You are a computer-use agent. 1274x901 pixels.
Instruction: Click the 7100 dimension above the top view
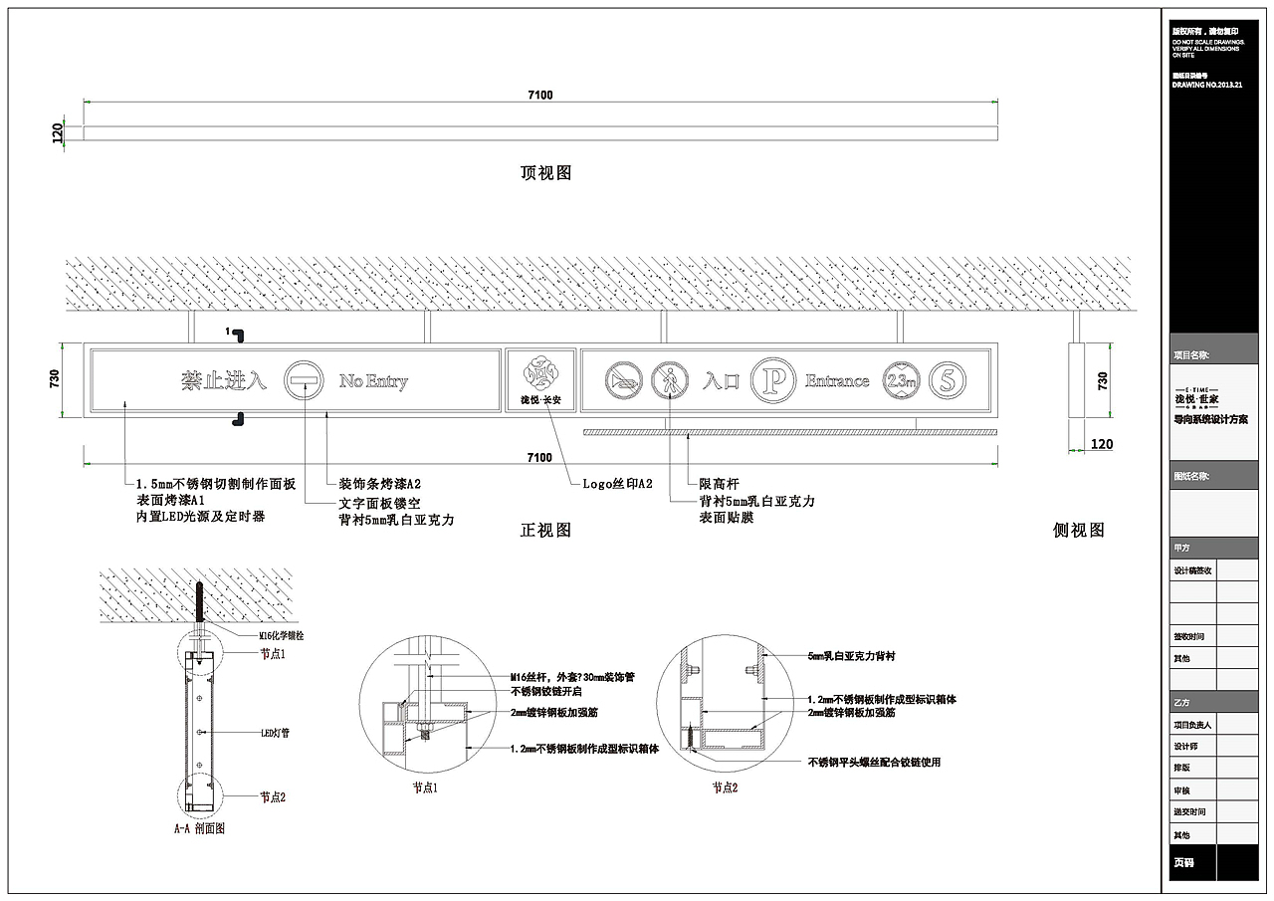pos(539,96)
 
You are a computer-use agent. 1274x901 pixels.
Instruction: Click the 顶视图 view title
pos(545,173)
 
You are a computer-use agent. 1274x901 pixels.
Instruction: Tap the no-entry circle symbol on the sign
pos(304,380)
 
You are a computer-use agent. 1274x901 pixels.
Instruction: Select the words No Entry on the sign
pos(373,381)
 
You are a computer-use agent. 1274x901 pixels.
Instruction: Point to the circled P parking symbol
pos(770,379)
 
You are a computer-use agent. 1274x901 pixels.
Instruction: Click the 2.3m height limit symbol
pos(900,379)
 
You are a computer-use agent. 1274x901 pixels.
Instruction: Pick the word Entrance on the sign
pos(837,380)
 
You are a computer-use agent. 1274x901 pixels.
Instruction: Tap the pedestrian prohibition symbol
pos(670,379)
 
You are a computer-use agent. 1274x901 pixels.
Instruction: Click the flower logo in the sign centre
pos(540,372)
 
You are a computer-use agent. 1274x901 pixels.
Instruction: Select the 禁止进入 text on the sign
pos(224,380)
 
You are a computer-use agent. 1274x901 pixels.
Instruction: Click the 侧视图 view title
pos(1079,531)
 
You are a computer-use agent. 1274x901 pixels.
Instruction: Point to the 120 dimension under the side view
pos(1101,445)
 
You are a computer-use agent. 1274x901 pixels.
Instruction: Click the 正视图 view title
pos(545,531)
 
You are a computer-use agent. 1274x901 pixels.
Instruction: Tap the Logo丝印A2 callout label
pos(617,485)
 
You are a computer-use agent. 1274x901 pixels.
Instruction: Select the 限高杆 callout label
pos(719,485)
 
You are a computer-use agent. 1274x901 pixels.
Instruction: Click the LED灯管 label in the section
pos(275,733)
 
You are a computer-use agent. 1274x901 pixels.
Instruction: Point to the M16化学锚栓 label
pos(282,634)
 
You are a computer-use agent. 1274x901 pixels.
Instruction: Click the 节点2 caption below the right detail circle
pos(725,788)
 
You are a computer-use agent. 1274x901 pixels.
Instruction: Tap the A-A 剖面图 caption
pos(199,828)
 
